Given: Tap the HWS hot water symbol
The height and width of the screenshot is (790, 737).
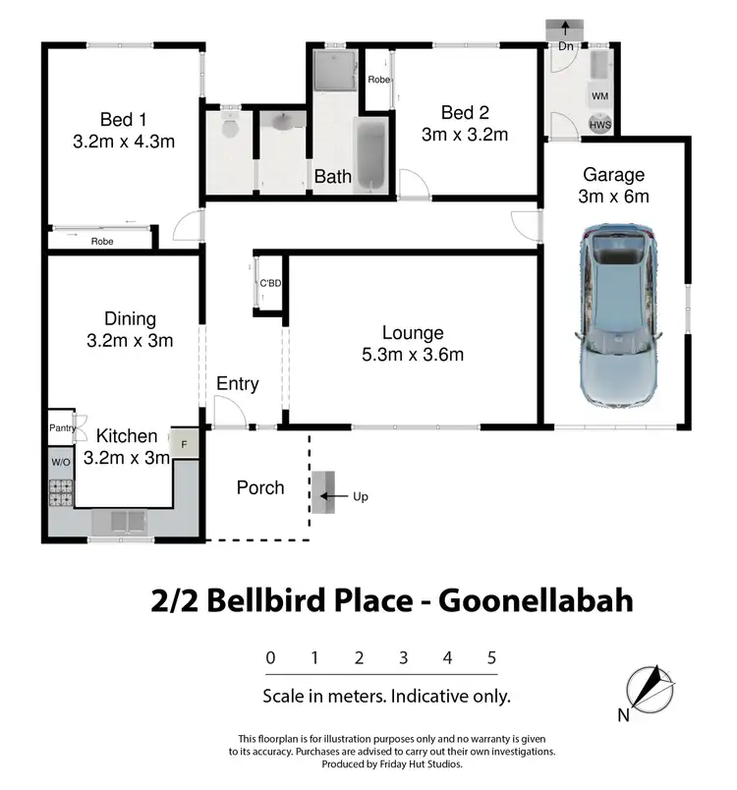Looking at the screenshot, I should pyautogui.click(x=598, y=125).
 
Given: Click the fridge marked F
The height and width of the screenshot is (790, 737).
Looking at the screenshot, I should pyautogui.click(x=184, y=443).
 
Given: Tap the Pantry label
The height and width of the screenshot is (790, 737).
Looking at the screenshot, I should pyautogui.click(x=61, y=428).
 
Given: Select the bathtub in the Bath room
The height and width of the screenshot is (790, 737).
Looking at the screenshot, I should pyautogui.click(x=368, y=158).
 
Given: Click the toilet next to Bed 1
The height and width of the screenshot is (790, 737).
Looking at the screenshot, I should pyautogui.click(x=230, y=129).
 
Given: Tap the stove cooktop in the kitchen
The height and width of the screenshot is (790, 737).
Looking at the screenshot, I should pyautogui.click(x=60, y=490).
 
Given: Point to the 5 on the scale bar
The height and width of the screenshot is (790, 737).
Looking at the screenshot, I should pyautogui.click(x=491, y=658).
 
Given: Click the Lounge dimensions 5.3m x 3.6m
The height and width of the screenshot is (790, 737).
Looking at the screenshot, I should pyautogui.click(x=412, y=356).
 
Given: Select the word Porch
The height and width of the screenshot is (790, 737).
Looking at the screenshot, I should pyautogui.click(x=260, y=488).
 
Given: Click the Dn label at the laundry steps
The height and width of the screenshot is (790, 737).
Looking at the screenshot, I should pyautogui.click(x=566, y=46).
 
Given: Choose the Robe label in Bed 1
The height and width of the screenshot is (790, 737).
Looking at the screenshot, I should pyautogui.click(x=101, y=241).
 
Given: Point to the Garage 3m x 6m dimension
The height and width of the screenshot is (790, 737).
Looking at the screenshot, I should pyautogui.click(x=615, y=196).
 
